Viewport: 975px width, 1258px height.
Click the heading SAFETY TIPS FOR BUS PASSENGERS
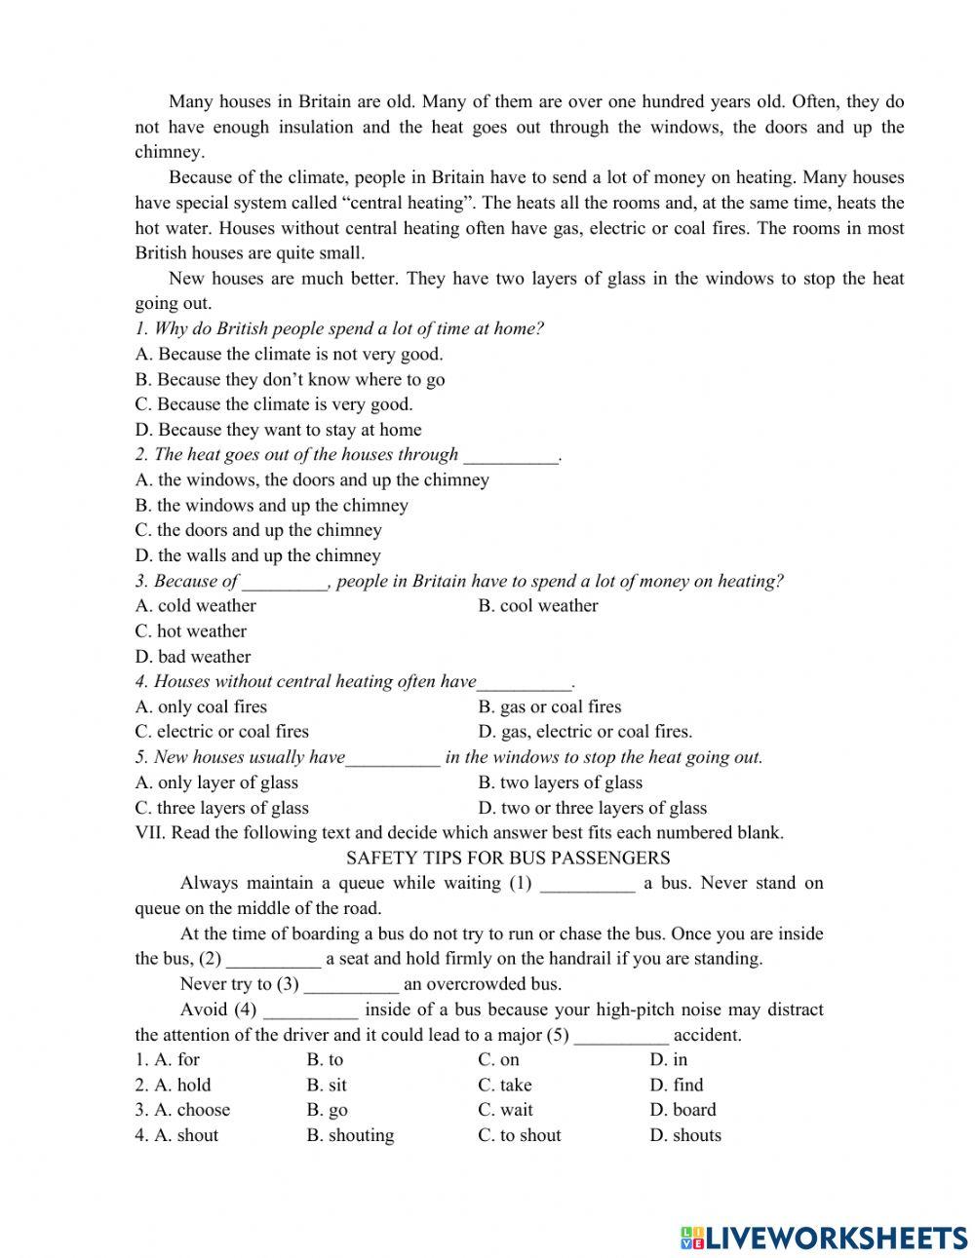pos(508,858)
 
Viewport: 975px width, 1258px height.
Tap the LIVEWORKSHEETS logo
pos(824,1237)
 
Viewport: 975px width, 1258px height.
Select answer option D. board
pos(682,1109)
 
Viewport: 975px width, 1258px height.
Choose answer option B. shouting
pos(350,1134)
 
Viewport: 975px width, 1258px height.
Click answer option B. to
pos(325,1059)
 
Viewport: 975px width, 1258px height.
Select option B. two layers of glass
pos(560,781)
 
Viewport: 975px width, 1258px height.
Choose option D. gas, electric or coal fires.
pos(585,731)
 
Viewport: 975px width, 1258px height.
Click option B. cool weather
pos(537,605)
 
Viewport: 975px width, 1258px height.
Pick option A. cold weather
pos(195,605)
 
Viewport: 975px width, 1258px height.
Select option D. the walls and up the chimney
pos(257,555)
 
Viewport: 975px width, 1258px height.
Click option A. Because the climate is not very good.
pos(289,354)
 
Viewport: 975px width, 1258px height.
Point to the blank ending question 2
pos(511,456)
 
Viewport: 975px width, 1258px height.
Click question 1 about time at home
pos(339,328)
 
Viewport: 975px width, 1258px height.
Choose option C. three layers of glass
pos(221,807)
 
